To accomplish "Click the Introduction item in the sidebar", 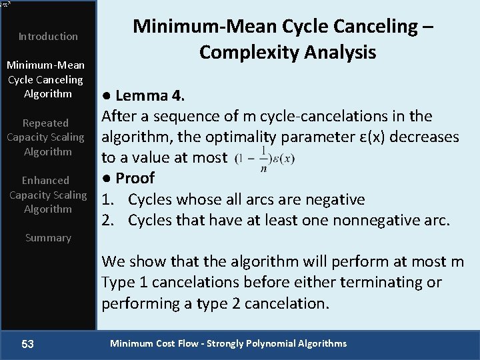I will [48, 36].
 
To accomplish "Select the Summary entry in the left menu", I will [48, 237].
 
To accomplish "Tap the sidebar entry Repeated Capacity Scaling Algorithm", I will [45, 137].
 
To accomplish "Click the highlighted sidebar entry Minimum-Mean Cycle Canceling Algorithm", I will [45, 79].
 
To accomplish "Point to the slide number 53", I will [27, 344].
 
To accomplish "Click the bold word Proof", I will [135, 178].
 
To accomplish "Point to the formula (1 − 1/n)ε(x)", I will [265, 159].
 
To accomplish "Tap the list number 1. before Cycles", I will [107, 199].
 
